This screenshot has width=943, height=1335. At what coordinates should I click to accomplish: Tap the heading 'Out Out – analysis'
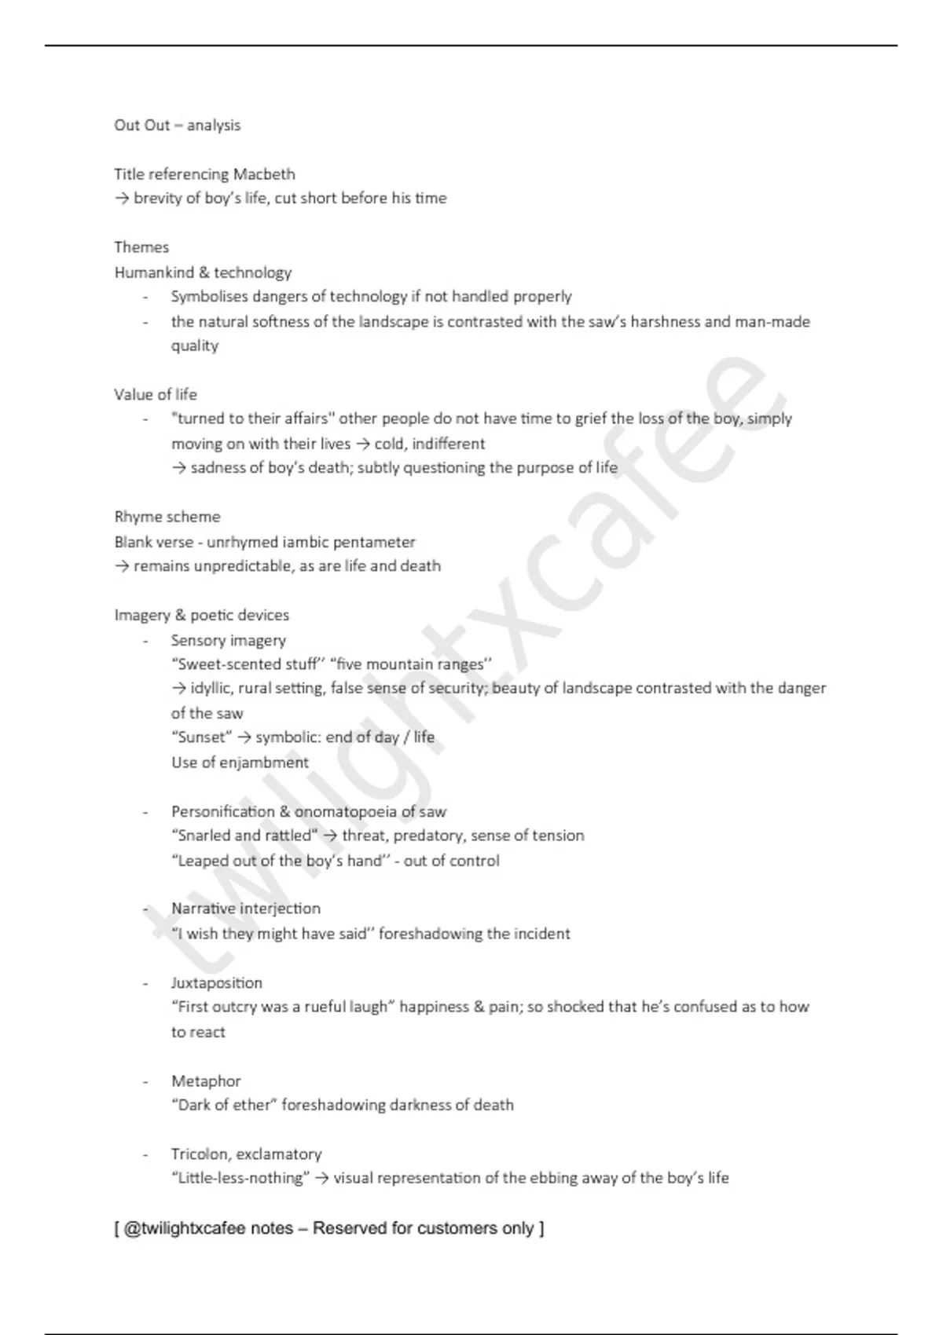click(x=178, y=126)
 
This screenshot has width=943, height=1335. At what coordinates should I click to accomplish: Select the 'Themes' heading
click(x=141, y=247)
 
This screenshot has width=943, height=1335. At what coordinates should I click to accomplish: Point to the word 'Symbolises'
click(x=207, y=297)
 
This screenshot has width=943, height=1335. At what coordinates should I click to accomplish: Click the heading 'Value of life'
click(x=156, y=394)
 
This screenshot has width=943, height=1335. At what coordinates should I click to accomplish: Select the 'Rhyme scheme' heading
click(x=167, y=517)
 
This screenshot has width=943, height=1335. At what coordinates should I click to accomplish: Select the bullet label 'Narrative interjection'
click(x=246, y=909)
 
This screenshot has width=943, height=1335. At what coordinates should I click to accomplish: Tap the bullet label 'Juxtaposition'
click(x=217, y=983)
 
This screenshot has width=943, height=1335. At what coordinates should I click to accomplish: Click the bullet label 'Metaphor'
click(x=206, y=1081)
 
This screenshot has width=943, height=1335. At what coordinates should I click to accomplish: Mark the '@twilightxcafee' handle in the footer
click(x=185, y=1228)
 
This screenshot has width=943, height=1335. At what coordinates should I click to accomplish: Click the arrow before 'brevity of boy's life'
click(x=122, y=199)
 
